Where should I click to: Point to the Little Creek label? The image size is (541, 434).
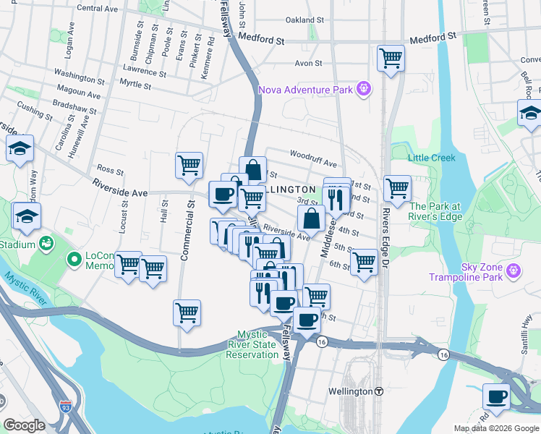pyautogui.click(x=427, y=158)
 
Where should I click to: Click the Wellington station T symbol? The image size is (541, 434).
pyautogui.click(x=379, y=391)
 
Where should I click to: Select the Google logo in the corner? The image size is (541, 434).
pyautogui.click(x=24, y=425)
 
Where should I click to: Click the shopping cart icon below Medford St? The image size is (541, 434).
pyautogui.click(x=391, y=58)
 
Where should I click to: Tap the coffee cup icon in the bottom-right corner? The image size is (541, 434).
pyautogui.click(x=497, y=396)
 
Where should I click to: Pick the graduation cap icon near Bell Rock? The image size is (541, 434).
pyautogui.click(x=529, y=113)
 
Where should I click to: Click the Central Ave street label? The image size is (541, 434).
pyautogui.click(x=97, y=9)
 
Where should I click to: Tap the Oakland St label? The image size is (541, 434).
pyautogui.click(x=304, y=20)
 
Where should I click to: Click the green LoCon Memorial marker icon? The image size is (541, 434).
pyautogui.click(x=73, y=258)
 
